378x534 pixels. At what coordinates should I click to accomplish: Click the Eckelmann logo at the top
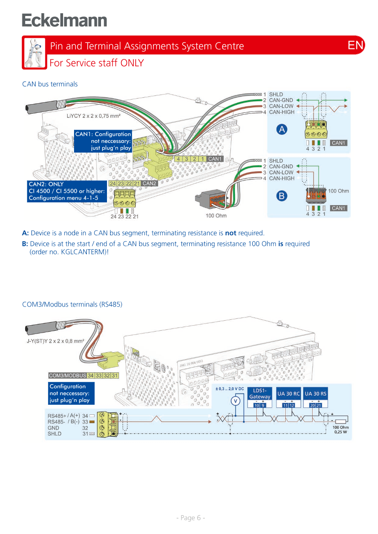tap(64, 21)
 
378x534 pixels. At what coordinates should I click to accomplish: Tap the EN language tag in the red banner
tap(356, 45)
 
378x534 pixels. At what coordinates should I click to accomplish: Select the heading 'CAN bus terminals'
tap(50, 84)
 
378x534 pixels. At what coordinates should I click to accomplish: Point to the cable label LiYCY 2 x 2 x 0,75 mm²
tap(94, 116)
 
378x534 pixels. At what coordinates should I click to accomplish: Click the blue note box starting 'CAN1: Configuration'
tap(103, 141)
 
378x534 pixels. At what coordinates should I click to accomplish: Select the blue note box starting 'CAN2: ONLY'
tap(67, 191)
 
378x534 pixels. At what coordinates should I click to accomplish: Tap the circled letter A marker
tap(282, 129)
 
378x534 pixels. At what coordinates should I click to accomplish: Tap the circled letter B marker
tap(282, 196)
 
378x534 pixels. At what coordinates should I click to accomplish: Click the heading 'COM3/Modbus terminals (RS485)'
tap(72, 304)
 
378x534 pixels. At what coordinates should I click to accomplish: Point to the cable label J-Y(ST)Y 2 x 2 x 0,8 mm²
tap(54, 341)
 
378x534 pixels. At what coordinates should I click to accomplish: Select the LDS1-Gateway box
tap(260, 394)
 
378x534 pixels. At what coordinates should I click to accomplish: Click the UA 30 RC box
tap(289, 394)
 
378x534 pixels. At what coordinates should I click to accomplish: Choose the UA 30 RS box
tap(316, 394)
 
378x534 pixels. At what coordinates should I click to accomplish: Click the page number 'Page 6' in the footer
tap(191, 518)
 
